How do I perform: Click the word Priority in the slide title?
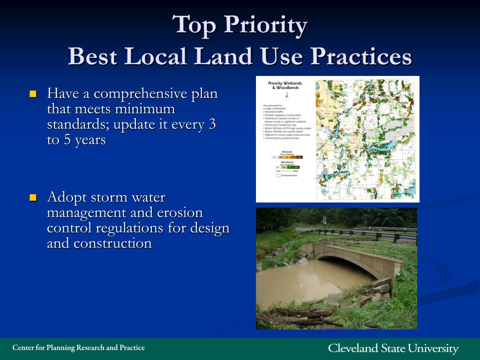[x=265, y=24]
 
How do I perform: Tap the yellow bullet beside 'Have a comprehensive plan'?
[x=33, y=94]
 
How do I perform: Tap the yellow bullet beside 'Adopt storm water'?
[x=33, y=197]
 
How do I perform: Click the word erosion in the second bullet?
[x=181, y=212]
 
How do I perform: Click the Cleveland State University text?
[x=393, y=348]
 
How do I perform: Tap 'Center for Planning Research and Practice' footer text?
[x=78, y=348]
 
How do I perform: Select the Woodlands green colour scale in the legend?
[x=286, y=167]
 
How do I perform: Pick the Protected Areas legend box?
[x=278, y=175]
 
